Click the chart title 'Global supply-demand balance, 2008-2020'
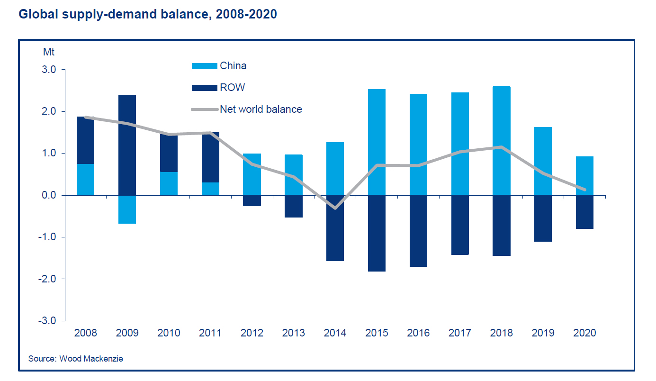point(147,15)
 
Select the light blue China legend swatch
point(204,66)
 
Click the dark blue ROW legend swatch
point(204,88)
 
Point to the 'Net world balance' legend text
point(261,109)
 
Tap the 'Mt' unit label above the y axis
point(49,51)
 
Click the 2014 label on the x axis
point(335,333)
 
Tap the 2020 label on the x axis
point(584,333)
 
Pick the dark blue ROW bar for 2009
point(127,145)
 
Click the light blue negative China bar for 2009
point(127,209)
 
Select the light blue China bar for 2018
point(501,141)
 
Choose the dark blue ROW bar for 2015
point(377,233)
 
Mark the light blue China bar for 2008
point(85,180)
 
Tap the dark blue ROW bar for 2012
point(252,200)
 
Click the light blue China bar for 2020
point(584,176)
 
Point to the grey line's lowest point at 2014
point(335,208)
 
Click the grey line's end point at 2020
point(584,190)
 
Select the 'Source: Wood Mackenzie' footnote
point(76,359)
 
